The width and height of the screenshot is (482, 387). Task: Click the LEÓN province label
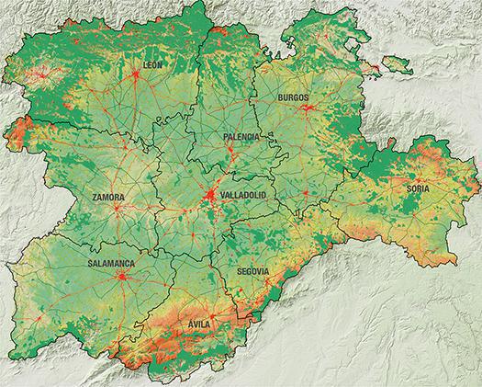tap(153, 64)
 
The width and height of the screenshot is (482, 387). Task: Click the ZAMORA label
tap(108, 198)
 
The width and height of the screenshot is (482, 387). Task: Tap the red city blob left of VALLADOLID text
tap(211, 197)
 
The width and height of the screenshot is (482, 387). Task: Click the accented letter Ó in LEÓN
tap(157, 64)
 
